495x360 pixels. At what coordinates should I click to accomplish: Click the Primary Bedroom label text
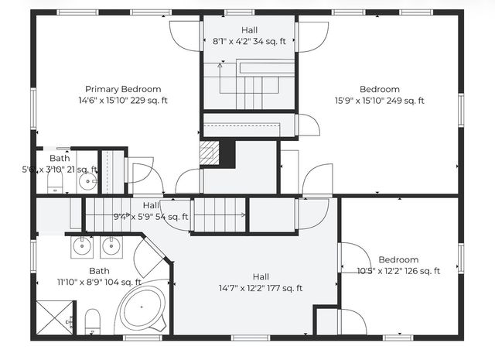[x=123, y=89]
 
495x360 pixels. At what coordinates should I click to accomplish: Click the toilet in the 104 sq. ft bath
[x=92, y=321]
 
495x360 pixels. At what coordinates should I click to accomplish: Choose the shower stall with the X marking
[x=54, y=317]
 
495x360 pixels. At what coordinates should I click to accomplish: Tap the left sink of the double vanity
[x=82, y=248]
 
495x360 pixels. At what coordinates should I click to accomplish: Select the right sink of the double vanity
[x=110, y=248]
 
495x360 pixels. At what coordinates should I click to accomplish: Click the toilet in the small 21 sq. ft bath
[x=55, y=183]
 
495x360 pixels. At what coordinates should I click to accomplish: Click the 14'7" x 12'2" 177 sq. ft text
[x=260, y=288]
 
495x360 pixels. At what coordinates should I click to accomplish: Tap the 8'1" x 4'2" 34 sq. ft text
[x=249, y=41]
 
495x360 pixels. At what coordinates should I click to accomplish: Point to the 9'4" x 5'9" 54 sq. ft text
[x=151, y=217]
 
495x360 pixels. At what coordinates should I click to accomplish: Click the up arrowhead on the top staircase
[x=220, y=67]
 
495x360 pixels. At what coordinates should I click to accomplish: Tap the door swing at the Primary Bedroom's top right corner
[x=184, y=34]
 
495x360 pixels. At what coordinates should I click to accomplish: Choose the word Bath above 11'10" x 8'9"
[x=99, y=271]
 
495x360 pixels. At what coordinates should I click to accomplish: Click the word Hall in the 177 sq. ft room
[x=261, y=276]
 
